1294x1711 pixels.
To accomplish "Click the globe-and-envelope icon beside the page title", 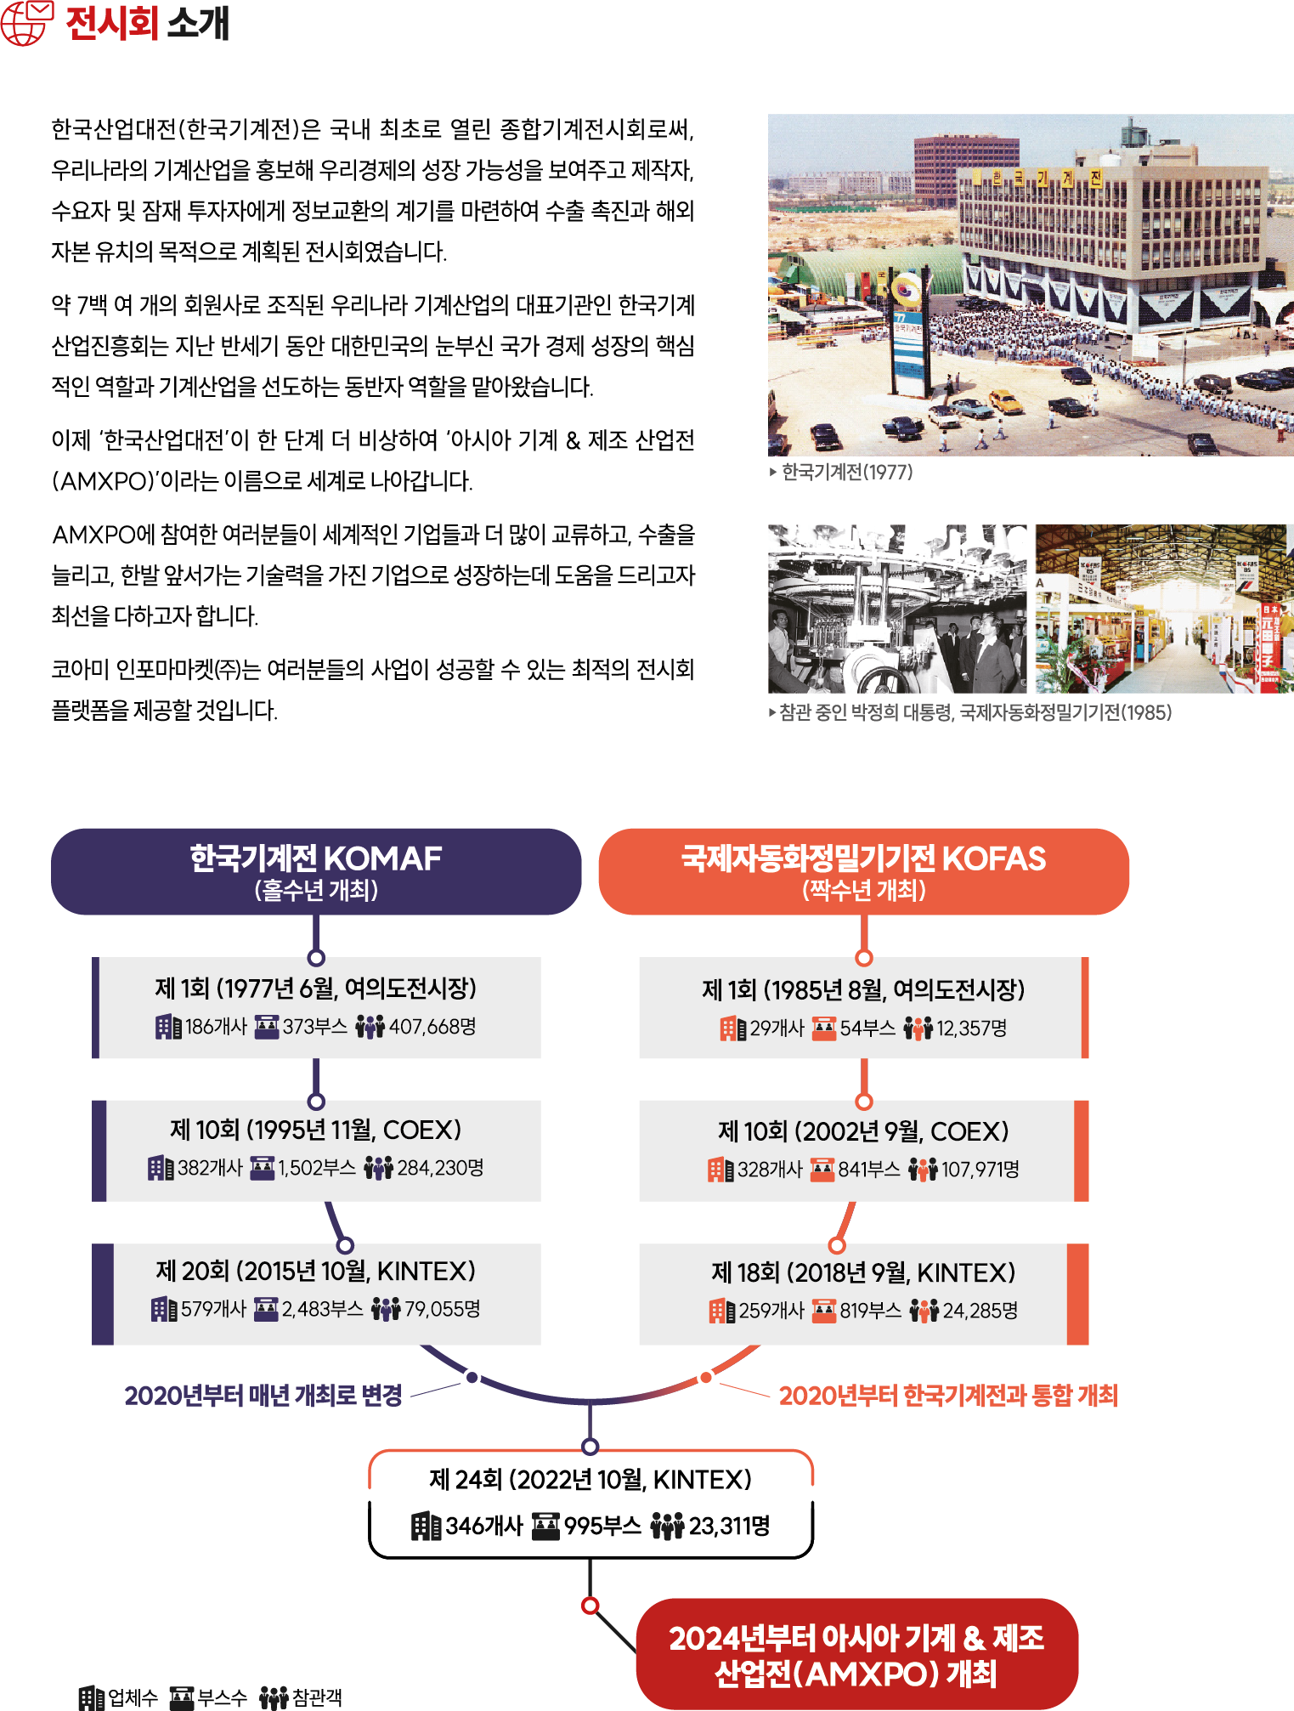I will [x=27, y=23].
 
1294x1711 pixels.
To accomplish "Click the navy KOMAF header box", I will [x=316, y=871].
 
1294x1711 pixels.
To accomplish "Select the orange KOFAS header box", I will [x=863, y=871].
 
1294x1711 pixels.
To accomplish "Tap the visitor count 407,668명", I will [x=432, y=1027].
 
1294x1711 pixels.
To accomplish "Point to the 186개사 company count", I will [x=216, y=1027].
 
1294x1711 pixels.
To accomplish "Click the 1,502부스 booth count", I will [x=316, y=1168].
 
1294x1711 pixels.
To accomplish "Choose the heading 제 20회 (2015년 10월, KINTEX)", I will [x=315, y=1272].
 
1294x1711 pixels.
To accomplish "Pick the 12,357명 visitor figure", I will [x=971, y=1028].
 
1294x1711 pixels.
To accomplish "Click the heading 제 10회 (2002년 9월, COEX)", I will [x=863, y=1131].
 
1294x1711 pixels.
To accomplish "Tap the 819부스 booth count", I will [x=870, y=1311].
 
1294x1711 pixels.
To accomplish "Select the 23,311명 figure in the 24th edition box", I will [x=729, y=1527].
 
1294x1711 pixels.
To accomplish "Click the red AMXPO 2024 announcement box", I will [x=856, y=1655].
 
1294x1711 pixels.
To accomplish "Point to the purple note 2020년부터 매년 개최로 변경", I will [x=263, y=1396].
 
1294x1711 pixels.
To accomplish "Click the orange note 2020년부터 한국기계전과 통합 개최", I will [x=948, y=1396].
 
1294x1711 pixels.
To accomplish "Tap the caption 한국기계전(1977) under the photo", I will [x=846, y=472].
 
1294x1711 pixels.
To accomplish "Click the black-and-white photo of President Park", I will [x=897, y=609].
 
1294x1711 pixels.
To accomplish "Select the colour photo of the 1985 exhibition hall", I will [x=1164, y=609].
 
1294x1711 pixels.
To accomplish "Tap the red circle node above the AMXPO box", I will [x=590, y=1606].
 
